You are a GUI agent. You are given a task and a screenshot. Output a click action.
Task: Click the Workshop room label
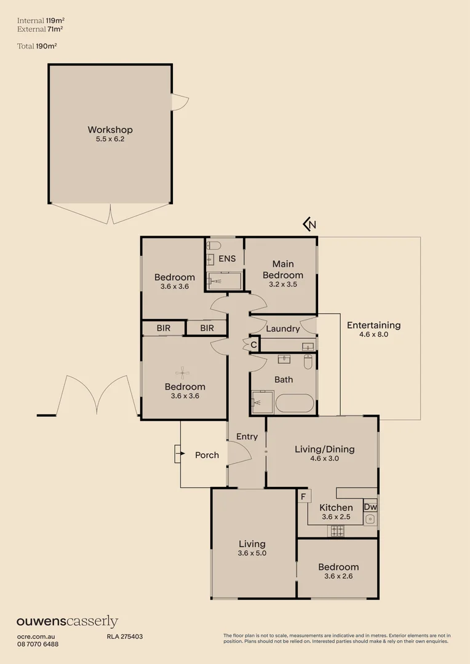tap(110, 130)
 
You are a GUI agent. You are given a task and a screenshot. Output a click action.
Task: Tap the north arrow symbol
tap(310, 224)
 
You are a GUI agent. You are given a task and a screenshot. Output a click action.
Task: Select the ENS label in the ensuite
tap(227, 259)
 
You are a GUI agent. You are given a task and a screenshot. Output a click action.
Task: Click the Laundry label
tap(282, 329)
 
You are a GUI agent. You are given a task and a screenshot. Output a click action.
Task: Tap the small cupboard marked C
tap(253, 346)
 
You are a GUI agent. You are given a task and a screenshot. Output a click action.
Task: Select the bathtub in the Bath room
tap(294, 404)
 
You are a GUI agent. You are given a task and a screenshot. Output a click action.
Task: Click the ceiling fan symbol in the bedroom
tap(182, 371)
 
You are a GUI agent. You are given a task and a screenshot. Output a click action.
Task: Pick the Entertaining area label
tap(373, 325)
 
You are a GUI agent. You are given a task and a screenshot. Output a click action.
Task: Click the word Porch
tap(207, 455)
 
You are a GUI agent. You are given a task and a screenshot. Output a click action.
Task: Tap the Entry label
tap(247, 437)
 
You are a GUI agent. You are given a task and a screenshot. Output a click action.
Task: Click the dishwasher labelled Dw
tap(370, 507)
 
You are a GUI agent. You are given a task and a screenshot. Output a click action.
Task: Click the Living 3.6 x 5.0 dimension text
tap(252, 553)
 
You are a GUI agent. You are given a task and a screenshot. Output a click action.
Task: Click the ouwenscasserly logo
tap(67, 622)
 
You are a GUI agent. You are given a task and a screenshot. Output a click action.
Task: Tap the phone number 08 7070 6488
tap(38, 644)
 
